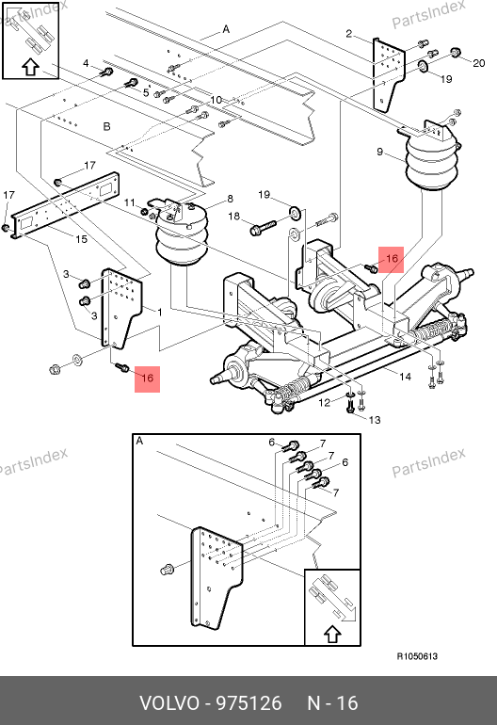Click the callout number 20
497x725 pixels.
[x=478, y=63]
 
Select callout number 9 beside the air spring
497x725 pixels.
[x=379, y=152]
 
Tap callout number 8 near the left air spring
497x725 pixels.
[x=230, y=199]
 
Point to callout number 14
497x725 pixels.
[x=405, y=377]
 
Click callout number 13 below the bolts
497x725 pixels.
[x=375, y=420]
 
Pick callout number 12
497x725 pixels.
[x=325, y=402]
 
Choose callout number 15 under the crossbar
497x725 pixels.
[x=81, y=239]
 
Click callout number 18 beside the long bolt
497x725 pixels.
[x=234, y=216]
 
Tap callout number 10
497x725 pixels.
[x=216, y=100]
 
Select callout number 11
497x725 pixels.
[x=130, y=202]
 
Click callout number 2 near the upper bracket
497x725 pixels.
[x=348, y=33]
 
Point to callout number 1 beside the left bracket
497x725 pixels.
[x=159, y=312]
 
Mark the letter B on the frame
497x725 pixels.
[x=106, y=126]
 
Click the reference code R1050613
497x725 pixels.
[x=417, y=656]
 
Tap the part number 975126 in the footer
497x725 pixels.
[x=249, y=703]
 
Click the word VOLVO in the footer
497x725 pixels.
[x=169, y=703]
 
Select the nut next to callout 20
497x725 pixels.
[x=455, y=52]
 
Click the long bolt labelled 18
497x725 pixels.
[x=263, y=227]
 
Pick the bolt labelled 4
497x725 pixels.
[x=107, y=72]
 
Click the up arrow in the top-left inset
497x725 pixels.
[x=30, y=67]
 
